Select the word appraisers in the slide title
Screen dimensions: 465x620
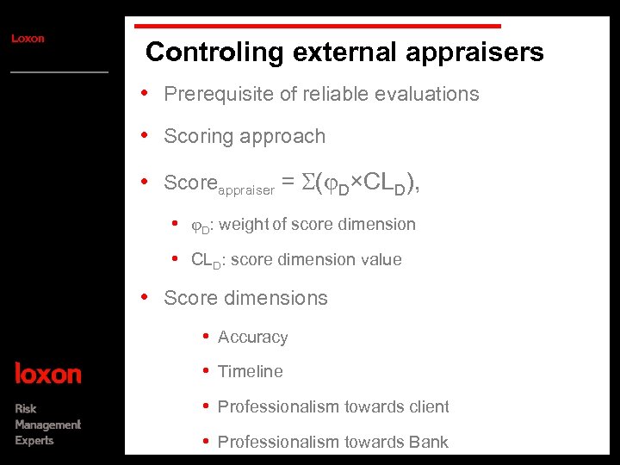click(480, 53)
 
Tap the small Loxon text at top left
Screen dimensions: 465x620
click(28, 39)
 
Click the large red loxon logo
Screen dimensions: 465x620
click(48, 374)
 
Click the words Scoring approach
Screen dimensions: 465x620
click(245, 136)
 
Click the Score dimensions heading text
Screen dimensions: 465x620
click(245, 298)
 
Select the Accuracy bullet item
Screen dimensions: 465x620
click(252, 338)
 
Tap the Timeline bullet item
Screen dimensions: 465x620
click(250, 372)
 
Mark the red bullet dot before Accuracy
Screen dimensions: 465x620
click(206, 337)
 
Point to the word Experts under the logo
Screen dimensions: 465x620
click(34, 441)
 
